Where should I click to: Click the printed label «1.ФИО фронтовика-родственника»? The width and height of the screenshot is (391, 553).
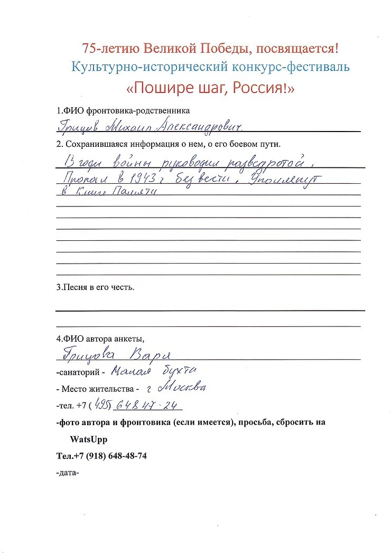(x=123, y=111)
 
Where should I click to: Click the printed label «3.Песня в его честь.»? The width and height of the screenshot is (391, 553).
(x=96, y=288)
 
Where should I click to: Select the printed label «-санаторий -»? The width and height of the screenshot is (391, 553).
(x=80, y=372)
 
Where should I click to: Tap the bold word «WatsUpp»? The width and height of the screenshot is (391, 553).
(x=88, y=439)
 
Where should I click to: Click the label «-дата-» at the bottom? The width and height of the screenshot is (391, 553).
(x=67, y=473)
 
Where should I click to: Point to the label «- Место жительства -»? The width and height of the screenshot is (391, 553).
(x=97, y=389)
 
